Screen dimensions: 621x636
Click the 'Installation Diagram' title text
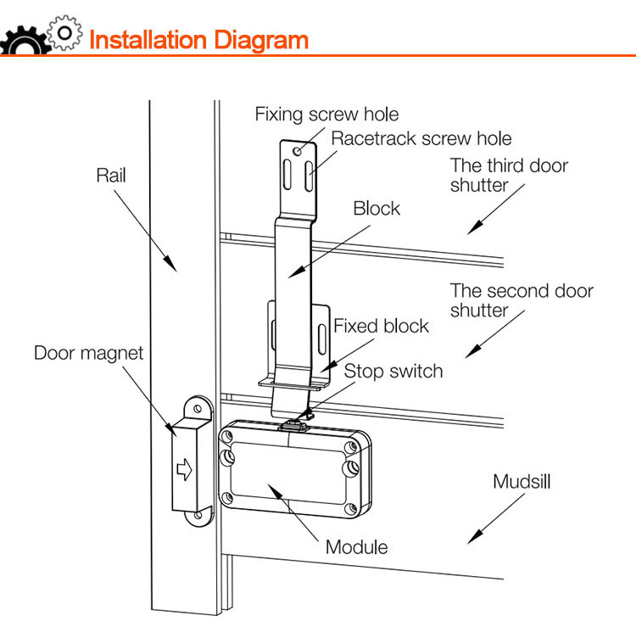(x=198, y=40)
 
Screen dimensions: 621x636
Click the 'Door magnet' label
(x=89, y=351)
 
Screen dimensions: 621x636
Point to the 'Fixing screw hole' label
(x=326, y=115)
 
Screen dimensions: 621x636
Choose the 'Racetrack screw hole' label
(x=421, y=138)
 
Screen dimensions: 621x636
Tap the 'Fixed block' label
(x=381, y=326)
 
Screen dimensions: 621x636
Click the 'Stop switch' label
(x=393, y=371)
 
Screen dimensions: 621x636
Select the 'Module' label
(x=356, y=547)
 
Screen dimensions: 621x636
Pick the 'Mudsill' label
(x=522, y=482)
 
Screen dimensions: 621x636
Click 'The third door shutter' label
(x=509, y=176)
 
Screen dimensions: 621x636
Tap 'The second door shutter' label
(x=521, y=300)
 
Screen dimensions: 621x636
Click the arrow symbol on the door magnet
(x=185, y=468)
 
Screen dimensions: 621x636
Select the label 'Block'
(x=377, y=208)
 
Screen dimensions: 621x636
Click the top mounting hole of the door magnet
(x=198, y=411)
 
